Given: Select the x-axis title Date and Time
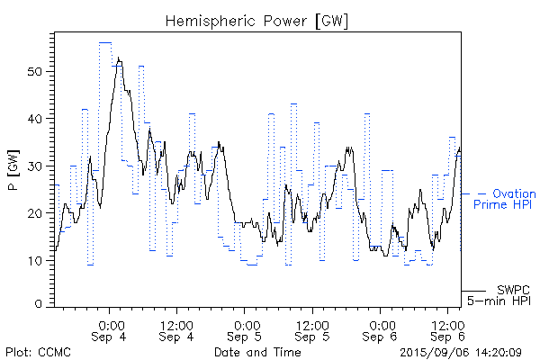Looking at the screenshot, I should pos(257,352).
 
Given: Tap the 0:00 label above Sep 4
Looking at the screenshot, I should pos(111,323).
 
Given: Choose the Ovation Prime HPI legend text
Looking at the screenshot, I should pos(503,199).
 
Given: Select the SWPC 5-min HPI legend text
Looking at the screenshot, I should pos(500,294).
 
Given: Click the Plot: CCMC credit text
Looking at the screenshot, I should pos(35,352).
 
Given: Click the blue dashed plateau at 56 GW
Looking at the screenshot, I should pos(105,42).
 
